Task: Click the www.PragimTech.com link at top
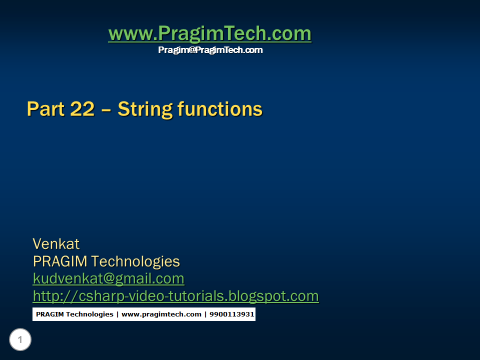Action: [209, 34]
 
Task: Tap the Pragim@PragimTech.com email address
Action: [210, 50]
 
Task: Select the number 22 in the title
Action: [82, 109]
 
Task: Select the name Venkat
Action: [56, 244]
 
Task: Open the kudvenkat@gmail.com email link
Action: [108, 278]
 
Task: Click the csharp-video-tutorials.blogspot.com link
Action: [175, 296]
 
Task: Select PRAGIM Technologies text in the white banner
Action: [74, 314]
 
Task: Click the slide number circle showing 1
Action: [20, 340]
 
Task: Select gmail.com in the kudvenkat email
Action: [148, 278]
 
